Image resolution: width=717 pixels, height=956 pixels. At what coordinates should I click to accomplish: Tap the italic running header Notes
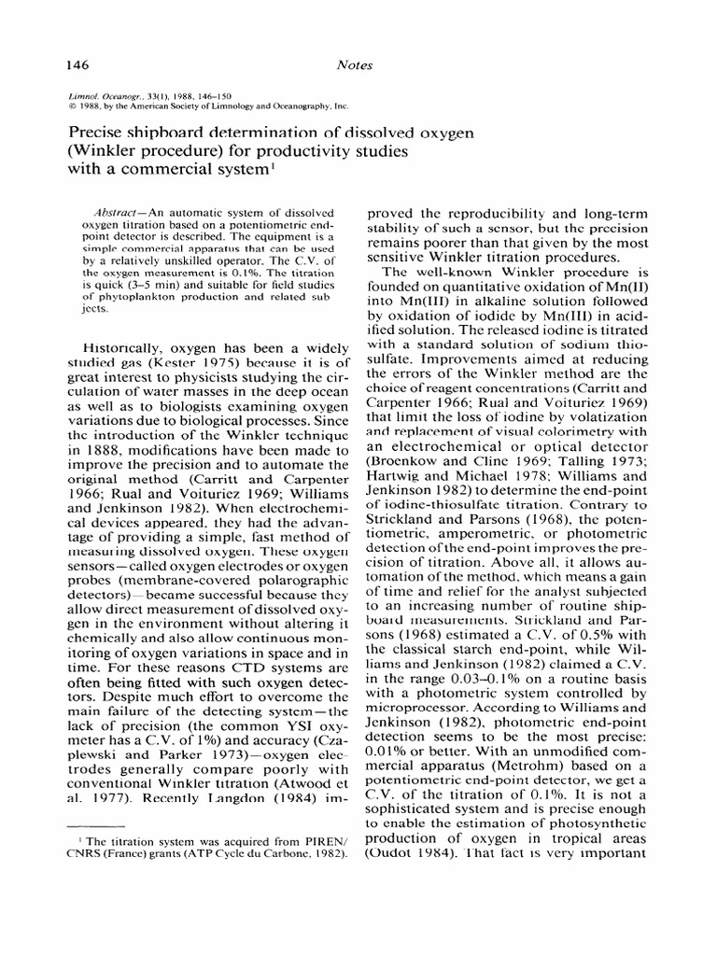coord(355,64)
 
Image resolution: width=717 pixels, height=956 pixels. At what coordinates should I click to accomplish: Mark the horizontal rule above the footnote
coord(96,826)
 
